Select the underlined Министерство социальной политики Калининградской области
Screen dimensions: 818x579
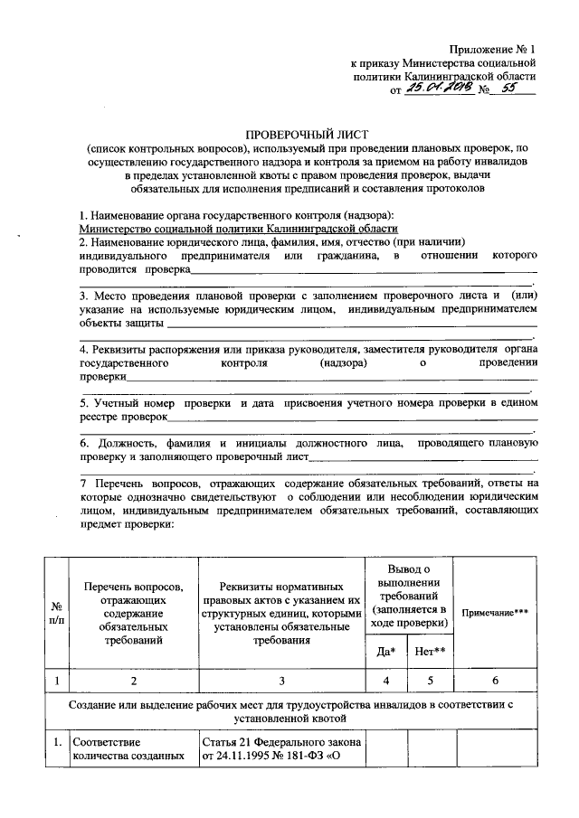238,230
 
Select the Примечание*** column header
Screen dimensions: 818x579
495,612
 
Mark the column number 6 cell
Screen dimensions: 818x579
495,681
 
